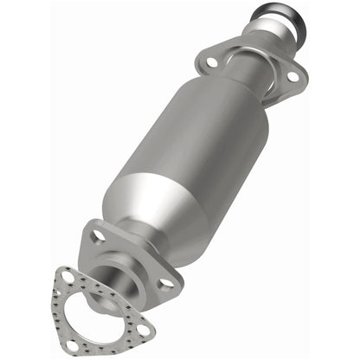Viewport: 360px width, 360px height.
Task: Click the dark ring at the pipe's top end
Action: pos(278,15)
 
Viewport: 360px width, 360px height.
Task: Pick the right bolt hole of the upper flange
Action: pos(292,77)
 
